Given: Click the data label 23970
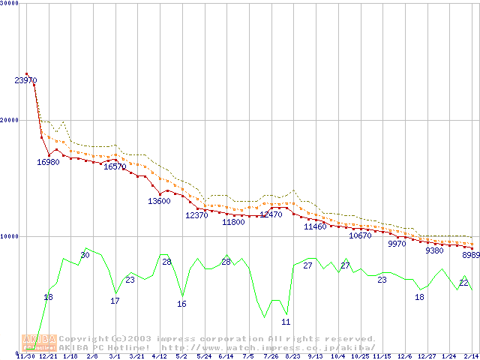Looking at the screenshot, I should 25,80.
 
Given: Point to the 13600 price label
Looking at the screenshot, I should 159,201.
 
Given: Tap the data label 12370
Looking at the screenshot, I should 196,215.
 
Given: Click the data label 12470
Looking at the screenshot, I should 271,214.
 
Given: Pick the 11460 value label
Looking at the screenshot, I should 315,226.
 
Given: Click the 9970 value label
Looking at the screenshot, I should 397,244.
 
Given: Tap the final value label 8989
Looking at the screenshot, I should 470,255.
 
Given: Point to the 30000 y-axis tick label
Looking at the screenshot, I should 11,4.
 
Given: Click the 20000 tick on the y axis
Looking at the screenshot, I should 11,120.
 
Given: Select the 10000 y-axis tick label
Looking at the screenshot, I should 11,236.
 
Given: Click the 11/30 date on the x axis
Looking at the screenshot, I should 25,356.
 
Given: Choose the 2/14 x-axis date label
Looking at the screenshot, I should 471,356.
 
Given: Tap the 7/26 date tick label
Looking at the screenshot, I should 271,356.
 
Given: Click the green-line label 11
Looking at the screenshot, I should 286,322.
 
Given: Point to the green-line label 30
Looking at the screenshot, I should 85,255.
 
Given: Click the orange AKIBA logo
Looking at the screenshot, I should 39,343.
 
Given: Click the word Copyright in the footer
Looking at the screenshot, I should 82,339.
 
